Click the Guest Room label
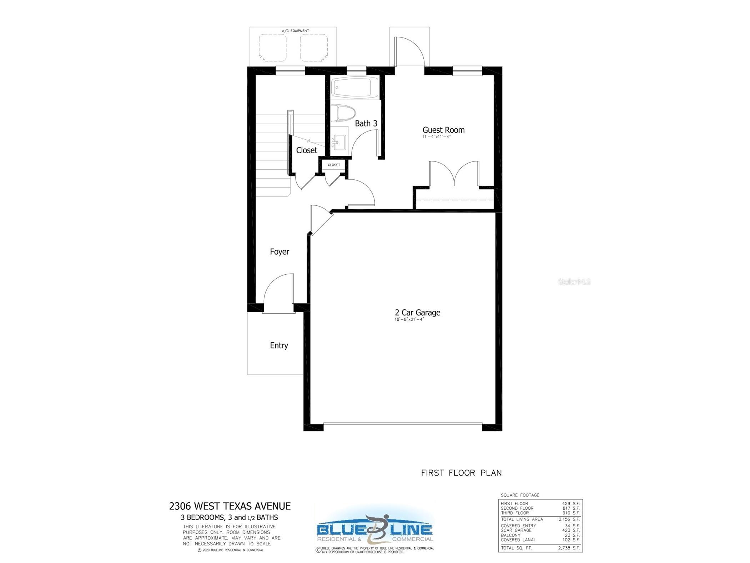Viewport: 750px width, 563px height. (443, 130)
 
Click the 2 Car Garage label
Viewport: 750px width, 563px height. (417, 313)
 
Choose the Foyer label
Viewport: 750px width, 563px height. (279, 252)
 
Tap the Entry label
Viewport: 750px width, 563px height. (279, 345)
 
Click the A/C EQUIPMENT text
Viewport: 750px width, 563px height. (295, 31)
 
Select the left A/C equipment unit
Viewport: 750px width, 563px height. (272, 48)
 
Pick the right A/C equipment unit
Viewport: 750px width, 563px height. (313, 48)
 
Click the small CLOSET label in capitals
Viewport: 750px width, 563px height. (334, 165)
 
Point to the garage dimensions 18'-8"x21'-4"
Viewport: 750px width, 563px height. (409, 319)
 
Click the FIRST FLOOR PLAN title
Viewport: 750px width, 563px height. (461, 473)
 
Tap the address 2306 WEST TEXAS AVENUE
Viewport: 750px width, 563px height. (230, 506)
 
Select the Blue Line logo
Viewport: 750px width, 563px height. (374, 529)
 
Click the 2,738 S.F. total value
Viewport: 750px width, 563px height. (569, 548)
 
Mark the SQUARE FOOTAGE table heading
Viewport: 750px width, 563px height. (520, 495)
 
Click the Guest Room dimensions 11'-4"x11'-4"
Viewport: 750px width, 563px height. (437, 137)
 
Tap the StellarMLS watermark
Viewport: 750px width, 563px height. (574, 282)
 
